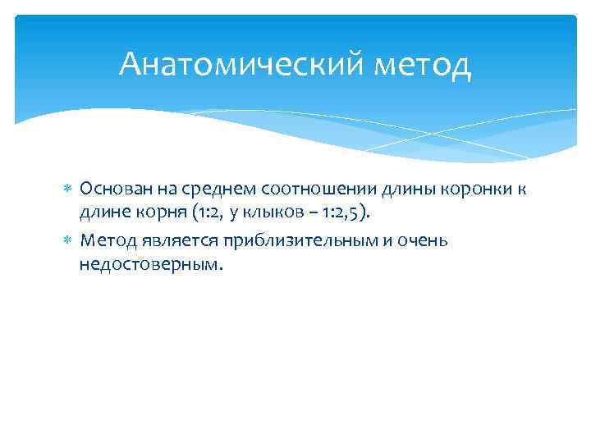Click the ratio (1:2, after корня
[x=208, y=215]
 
